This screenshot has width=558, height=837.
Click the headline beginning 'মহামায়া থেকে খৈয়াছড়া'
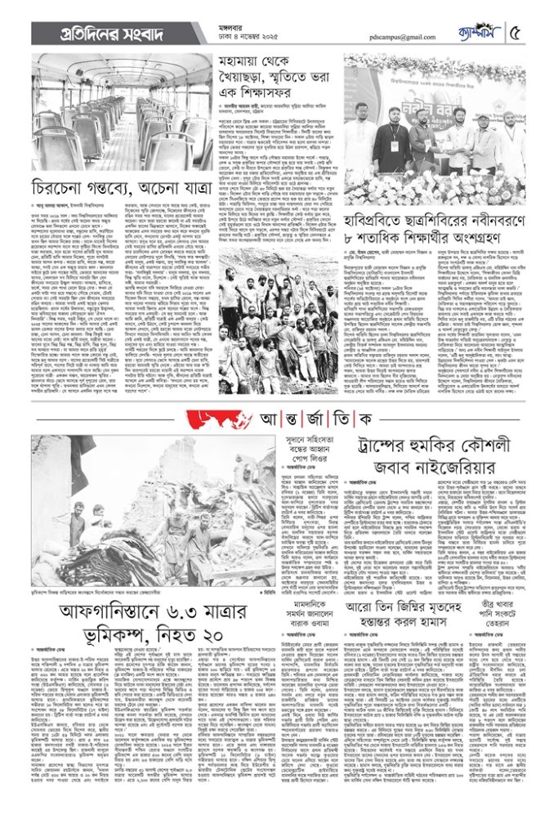[277, 77]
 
